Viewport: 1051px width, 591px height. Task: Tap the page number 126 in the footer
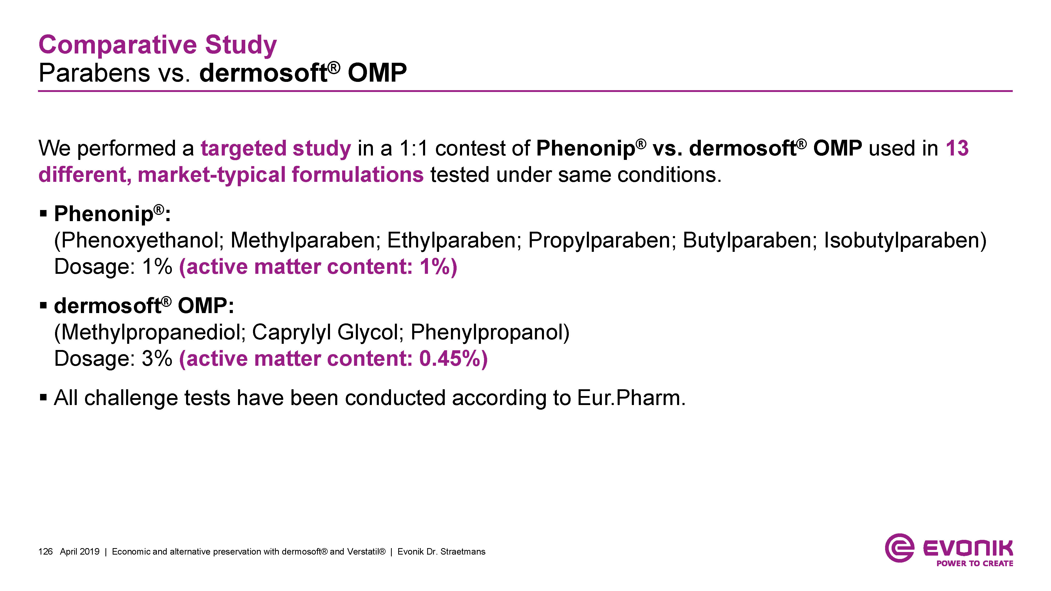click(45, 551)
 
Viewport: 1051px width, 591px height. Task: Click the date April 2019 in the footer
click(80, 551)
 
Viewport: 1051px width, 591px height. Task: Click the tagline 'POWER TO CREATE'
click(975, 563)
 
